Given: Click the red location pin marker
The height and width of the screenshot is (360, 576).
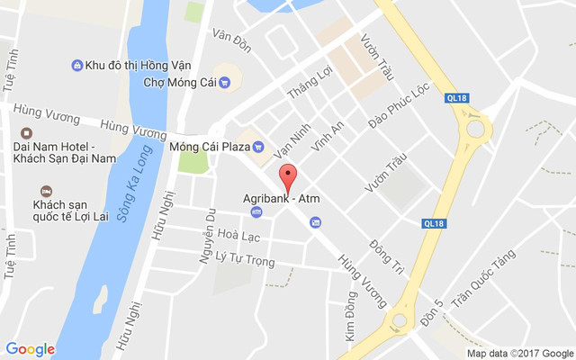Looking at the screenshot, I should [x=287, y=176].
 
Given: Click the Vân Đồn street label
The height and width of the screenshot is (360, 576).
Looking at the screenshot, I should [x=231, y=36].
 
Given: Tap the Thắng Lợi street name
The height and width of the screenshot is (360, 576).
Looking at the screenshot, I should [x=303, y=83].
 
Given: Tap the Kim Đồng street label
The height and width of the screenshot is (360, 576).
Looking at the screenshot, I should [x=351, y=315].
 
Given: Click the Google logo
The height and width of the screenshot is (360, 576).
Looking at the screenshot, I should [x=30, y=349].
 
